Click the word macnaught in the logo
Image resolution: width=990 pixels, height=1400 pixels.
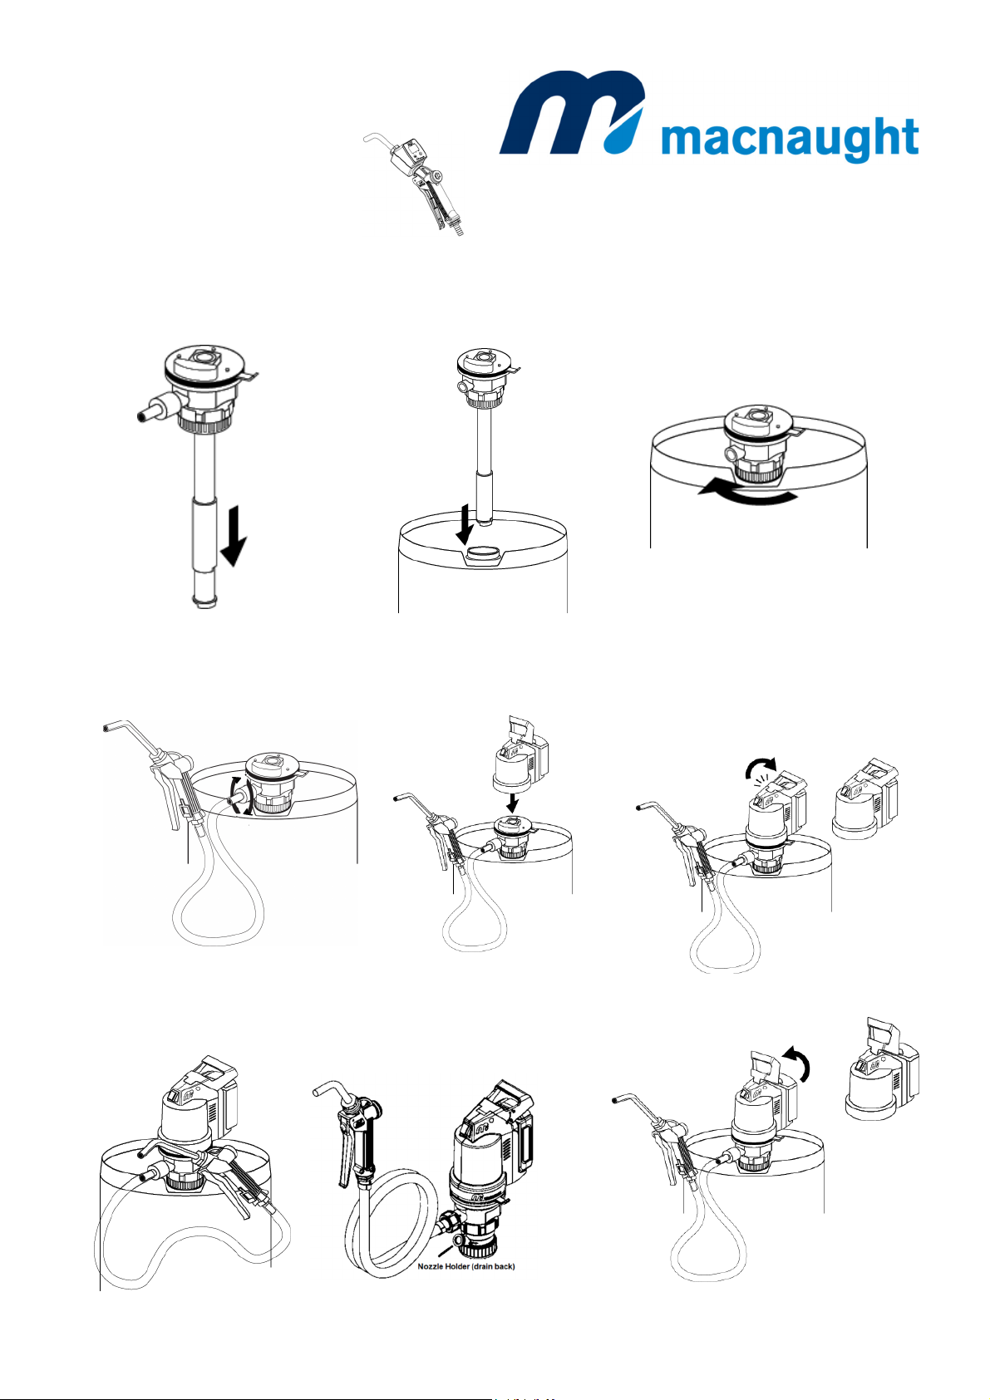[x=789, y=139]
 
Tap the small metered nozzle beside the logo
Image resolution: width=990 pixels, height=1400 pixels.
[x=418, y=181]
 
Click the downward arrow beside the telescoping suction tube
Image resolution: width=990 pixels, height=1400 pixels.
[x=233, y=536]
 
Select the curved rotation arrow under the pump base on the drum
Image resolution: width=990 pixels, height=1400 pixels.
[x=748, y=494]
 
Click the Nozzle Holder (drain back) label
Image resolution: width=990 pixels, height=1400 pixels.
[x=466, y=1267]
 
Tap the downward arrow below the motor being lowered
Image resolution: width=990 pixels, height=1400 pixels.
[x=512, y=802]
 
